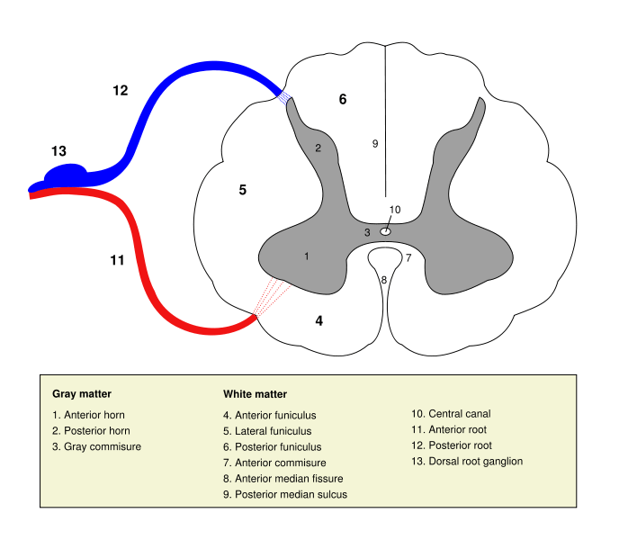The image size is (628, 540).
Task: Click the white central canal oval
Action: point(385,231)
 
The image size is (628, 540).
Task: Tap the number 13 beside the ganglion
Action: point(58,151)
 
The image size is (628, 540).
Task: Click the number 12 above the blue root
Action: point(121,90)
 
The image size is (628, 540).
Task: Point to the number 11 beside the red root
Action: point(117,260)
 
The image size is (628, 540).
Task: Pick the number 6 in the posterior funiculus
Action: point(343,99)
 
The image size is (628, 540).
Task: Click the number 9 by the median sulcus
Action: point(375,143)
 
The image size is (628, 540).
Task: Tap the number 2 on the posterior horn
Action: point(318,148)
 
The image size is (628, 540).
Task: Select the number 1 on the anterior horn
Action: point(307,256)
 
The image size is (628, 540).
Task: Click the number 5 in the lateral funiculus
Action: point(242,190)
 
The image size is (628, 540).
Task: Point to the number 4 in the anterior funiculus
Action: point(318,319)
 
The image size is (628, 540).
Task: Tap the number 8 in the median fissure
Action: point(384,280)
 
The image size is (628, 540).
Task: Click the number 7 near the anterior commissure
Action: point(408,258)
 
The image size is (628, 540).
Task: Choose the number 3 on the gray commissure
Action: point(367,233)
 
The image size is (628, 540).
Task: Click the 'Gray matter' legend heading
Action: point(82,393)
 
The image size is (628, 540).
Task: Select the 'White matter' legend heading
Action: point(255,393)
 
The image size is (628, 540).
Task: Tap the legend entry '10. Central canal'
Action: point(451,414)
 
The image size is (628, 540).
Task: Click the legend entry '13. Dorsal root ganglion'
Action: point(467,462)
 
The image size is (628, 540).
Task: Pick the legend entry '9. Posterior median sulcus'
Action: point(285,494)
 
